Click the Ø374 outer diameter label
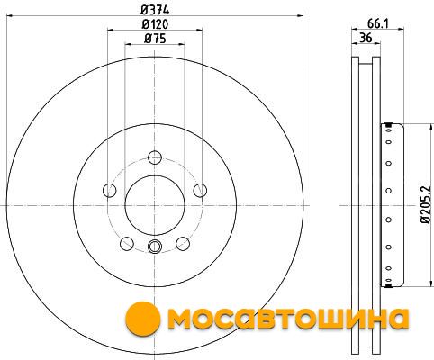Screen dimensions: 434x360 [x=155, y=10]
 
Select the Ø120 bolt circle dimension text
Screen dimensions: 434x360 [x=155, y=24]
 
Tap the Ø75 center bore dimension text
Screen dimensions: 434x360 [x=155, y=39]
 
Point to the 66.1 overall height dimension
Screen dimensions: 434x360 [x=378, y=23]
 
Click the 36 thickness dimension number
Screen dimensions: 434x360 [x=366, y=38]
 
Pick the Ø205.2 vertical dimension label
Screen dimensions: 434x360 [x=425, y=204]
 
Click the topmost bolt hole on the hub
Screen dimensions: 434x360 [x=155, y=157]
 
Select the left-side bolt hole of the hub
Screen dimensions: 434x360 [x=109, y=191]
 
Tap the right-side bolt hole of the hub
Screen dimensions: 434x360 [x=200, y=191]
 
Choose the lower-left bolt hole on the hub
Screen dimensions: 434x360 [x=127, y=244]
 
